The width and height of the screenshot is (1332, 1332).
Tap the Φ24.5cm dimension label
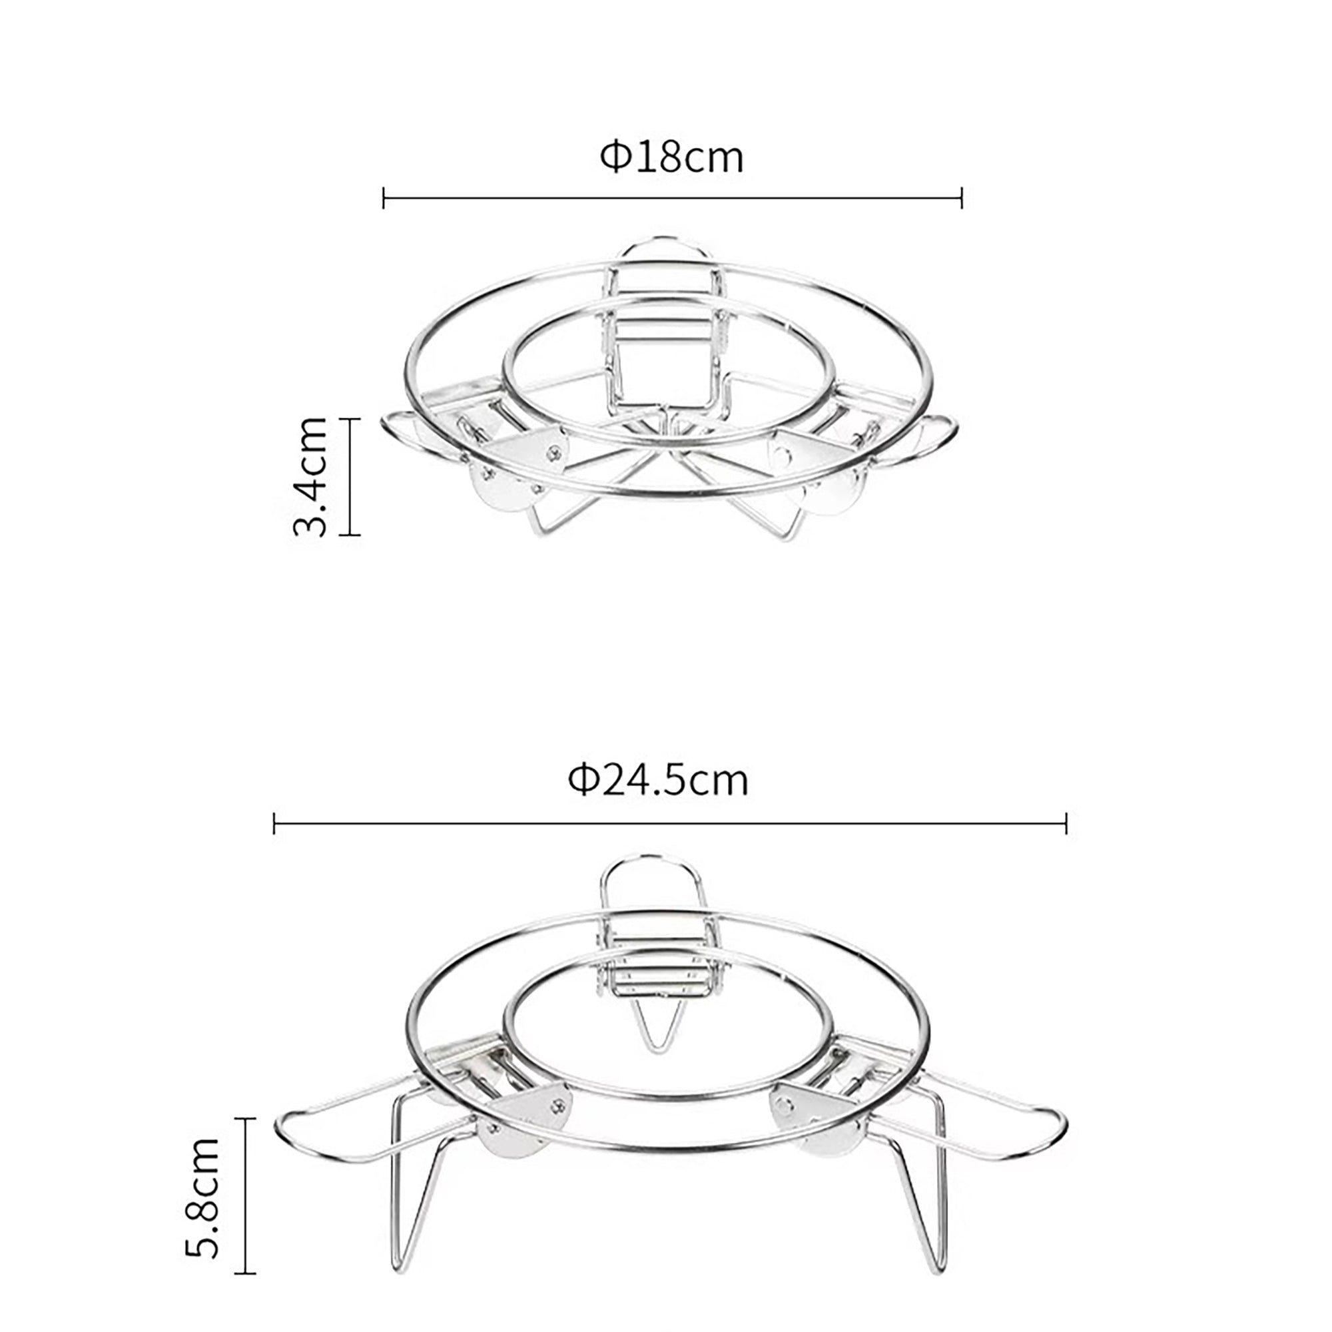pos(658,781)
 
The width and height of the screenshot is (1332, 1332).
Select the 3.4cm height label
pos(310,476)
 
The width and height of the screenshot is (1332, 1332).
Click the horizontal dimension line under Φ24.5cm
pos(670,823)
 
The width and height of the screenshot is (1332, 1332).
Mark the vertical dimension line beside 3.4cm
pos(350,476)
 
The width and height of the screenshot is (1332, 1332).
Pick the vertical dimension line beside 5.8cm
pos(246,1196)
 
